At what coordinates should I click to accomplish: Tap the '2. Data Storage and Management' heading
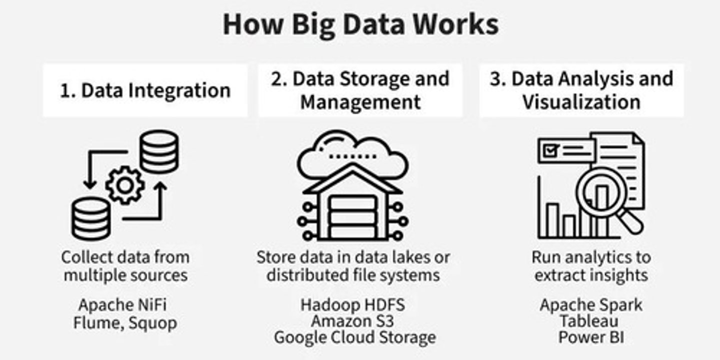click(x=360, y=90)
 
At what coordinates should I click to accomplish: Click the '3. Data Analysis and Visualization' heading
click(x=581, y=90)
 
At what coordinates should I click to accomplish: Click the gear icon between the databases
click(x=125, y=185)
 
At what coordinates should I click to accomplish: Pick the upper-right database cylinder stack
click(x=159, y=152)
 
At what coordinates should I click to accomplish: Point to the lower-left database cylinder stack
click(x=90, y=218)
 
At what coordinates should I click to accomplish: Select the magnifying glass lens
click(x=601, y=192)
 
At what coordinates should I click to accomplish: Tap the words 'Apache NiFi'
click(x=122, y=304)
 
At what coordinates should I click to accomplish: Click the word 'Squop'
click(x=152, y=323)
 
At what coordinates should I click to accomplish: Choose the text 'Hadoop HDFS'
click(x=353, y=304)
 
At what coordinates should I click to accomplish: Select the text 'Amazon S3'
click(x=353, y=320)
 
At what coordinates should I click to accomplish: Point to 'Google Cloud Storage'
click(x=354, y=337)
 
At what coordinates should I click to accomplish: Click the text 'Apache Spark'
click(x=591, y=304)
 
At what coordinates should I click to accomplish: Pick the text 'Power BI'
click(x=591, y=337)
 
